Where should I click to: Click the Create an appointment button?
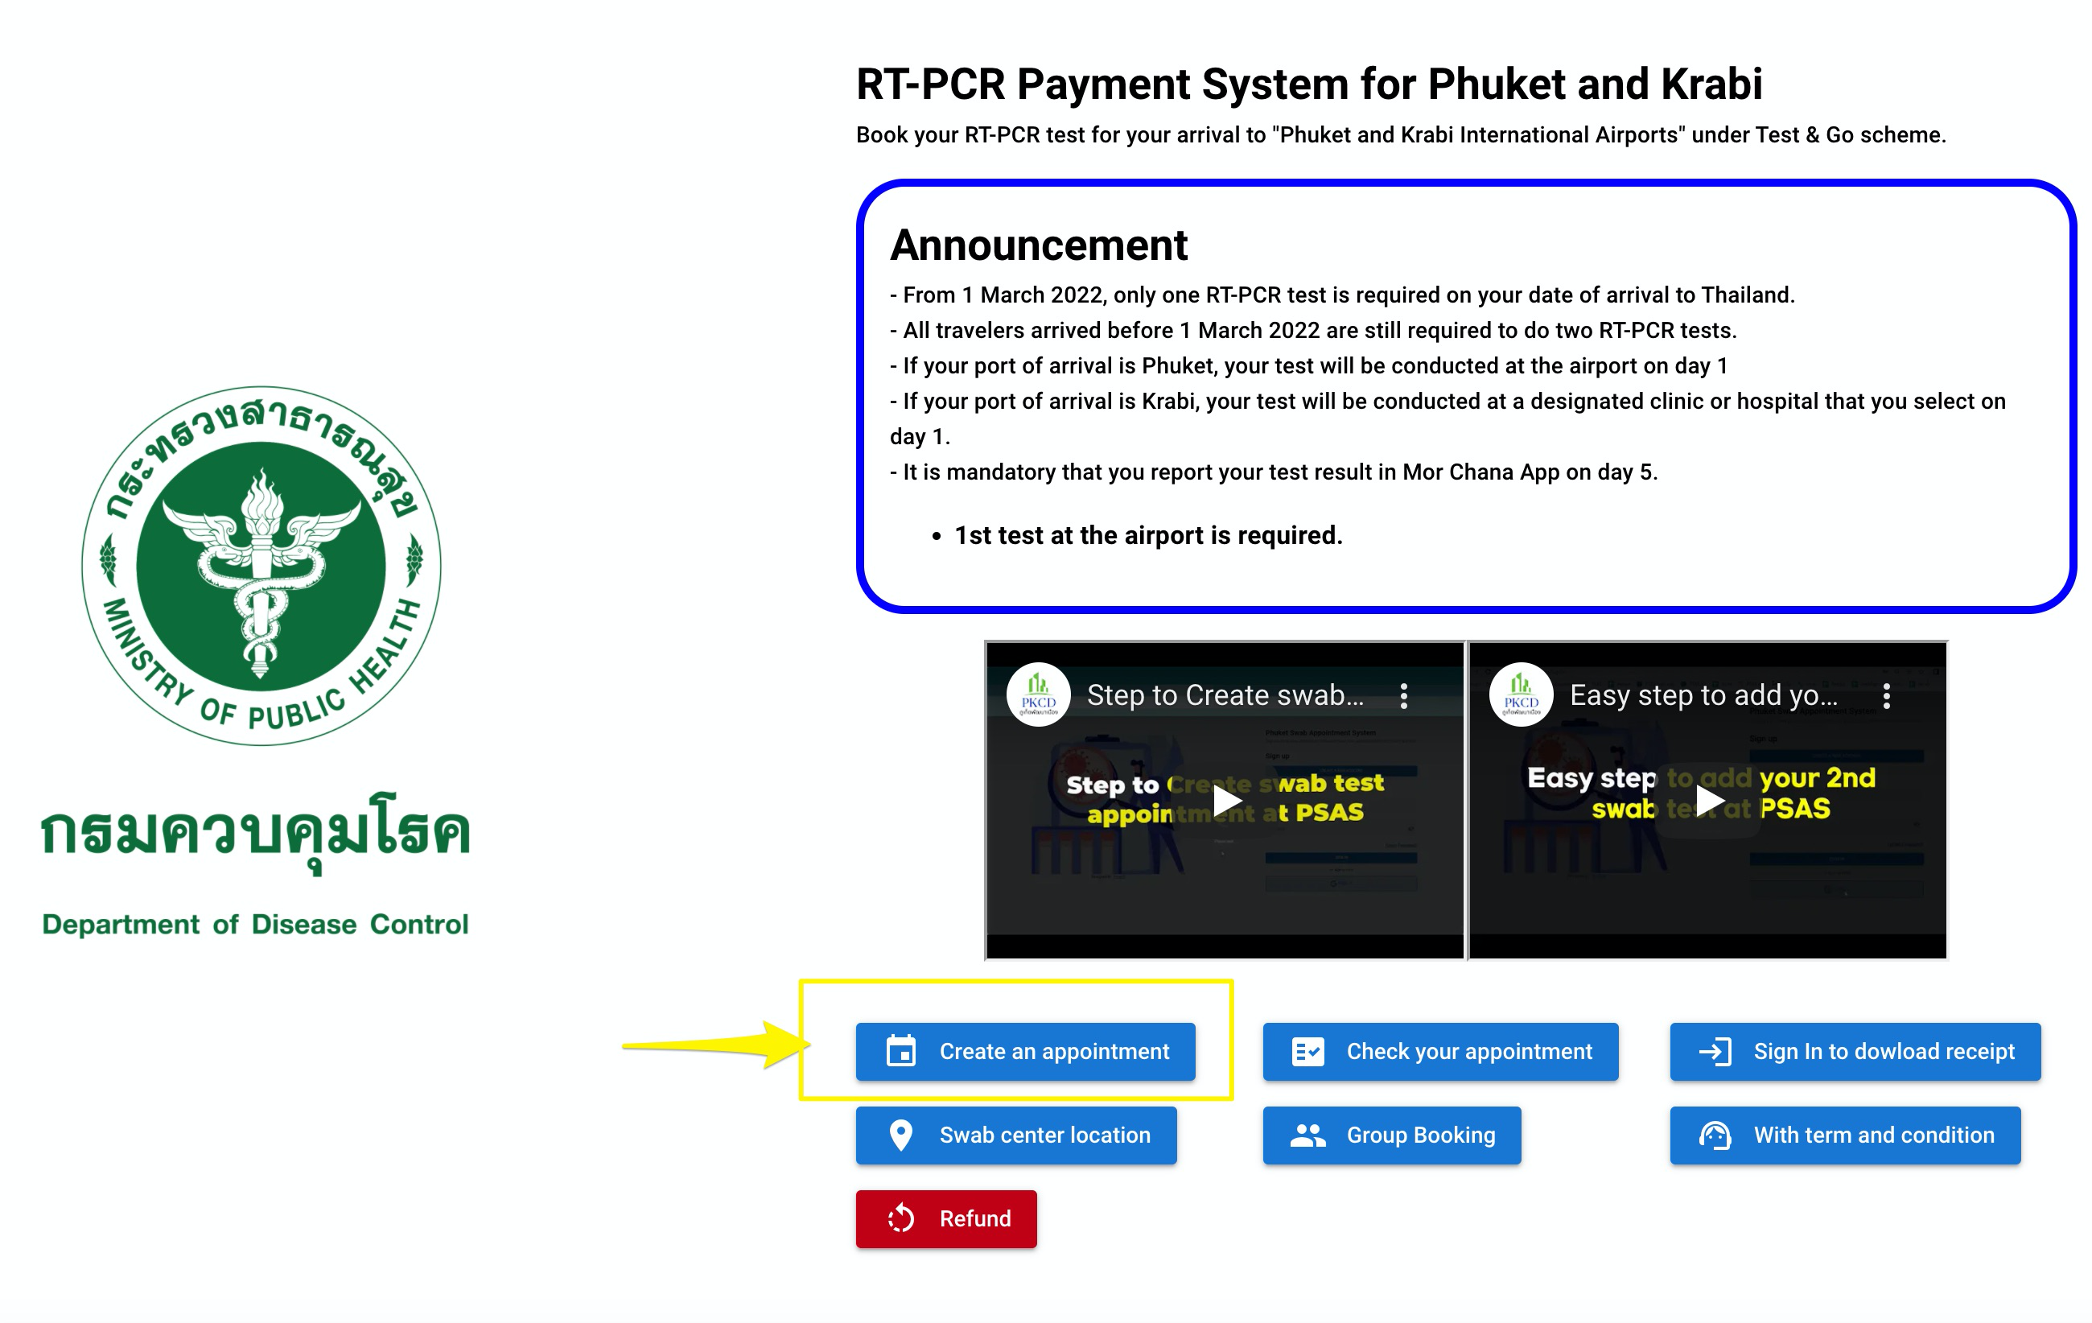(1025, 1051)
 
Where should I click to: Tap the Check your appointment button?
(1439, 1051)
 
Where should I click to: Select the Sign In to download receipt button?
(1854, 1051)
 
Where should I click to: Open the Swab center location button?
(1015, 1135)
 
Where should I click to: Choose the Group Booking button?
(1391, 1135)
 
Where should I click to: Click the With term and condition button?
(1844, 1135)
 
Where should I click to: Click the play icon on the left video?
(1226, 800)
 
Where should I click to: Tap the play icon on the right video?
(1709, 800)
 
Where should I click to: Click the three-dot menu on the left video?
(1403, 695)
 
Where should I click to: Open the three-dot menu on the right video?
(1886, 695)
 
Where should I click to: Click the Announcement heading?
(1038, 245)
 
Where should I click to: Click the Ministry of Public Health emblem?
(261, 566)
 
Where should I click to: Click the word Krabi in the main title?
(1711, 84)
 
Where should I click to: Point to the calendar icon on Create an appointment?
(901, 1051)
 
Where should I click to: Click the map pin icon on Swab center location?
(901, 1135)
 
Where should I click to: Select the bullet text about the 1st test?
(1147, 535)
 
